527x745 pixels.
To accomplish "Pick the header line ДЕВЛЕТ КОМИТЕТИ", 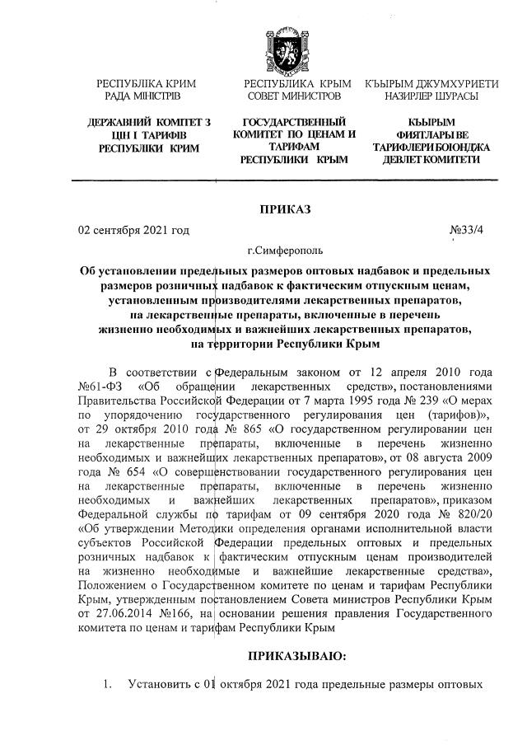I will tap(436, 159).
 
